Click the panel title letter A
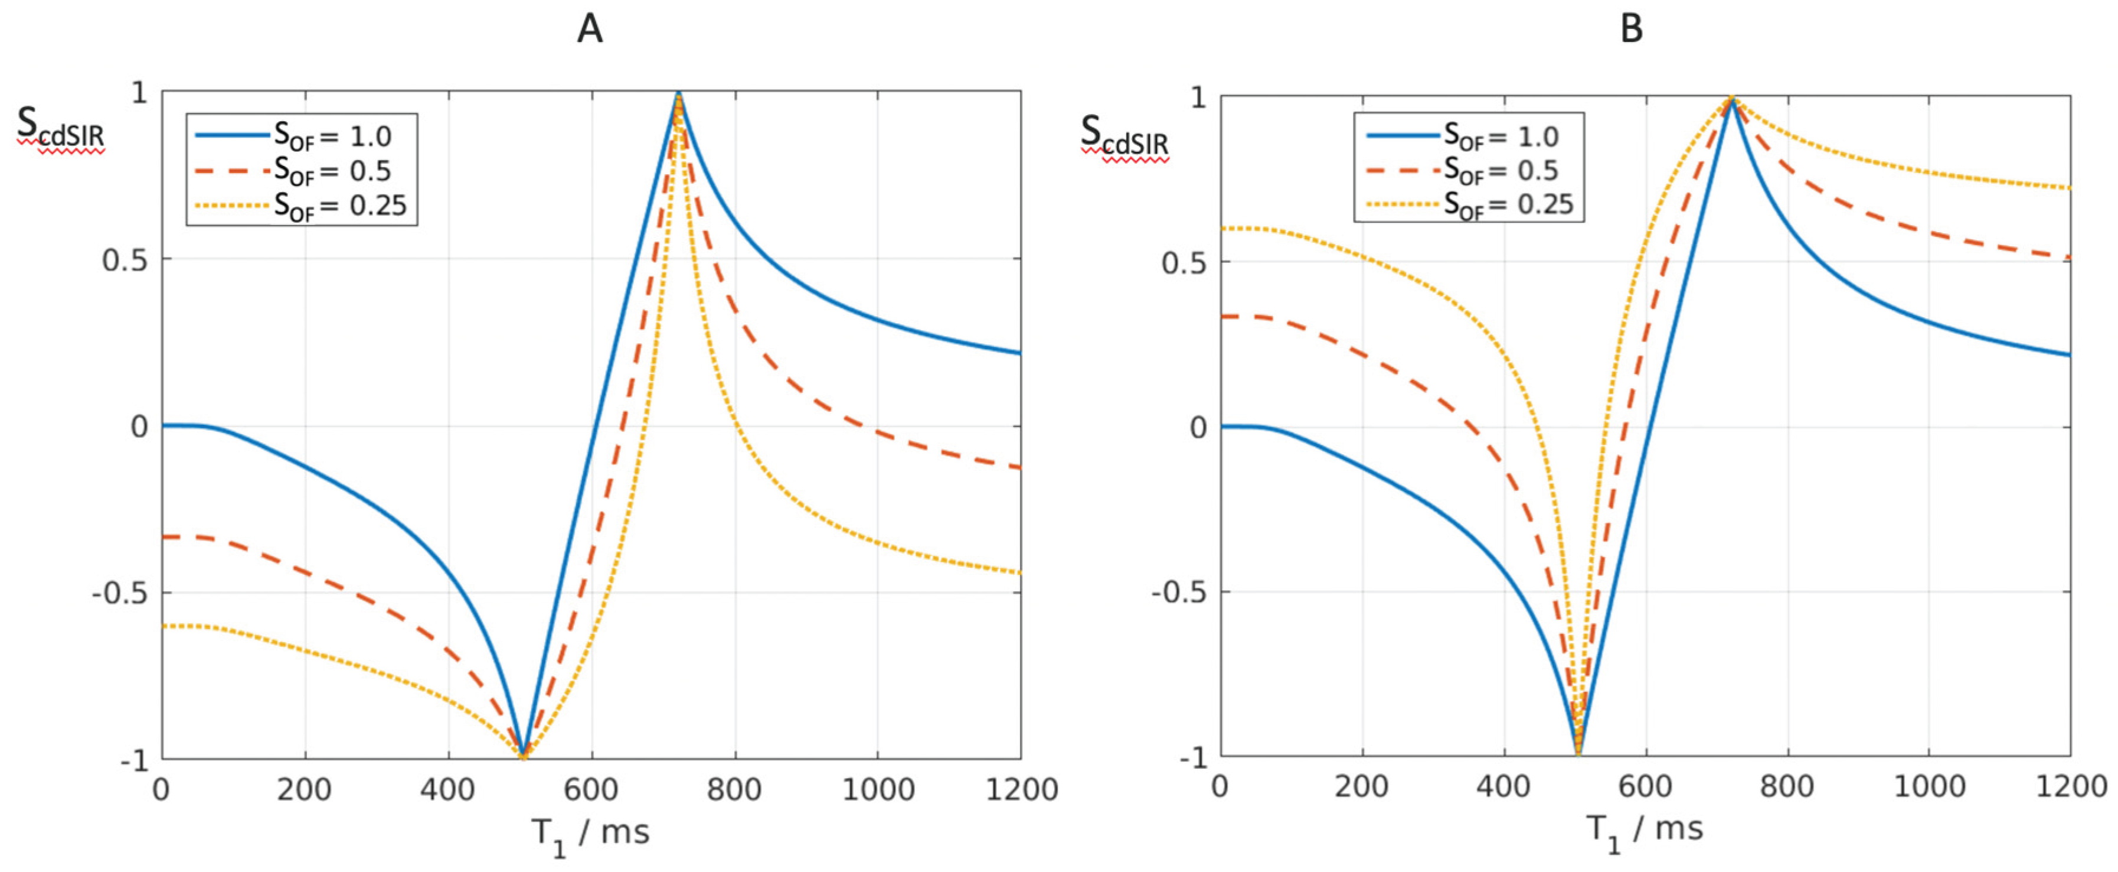(x=590, y=29)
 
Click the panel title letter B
(x=1631, y=29)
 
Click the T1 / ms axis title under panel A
(x=590, y=834)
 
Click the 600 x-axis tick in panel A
(x=590, y=790)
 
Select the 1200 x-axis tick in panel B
(x=2070, y=786)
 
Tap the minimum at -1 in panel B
(x=1578, y=752)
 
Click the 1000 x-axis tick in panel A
(x=877, y=790)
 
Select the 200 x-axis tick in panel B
(x=1362, y=786)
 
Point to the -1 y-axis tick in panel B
(x=1192, y=757)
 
